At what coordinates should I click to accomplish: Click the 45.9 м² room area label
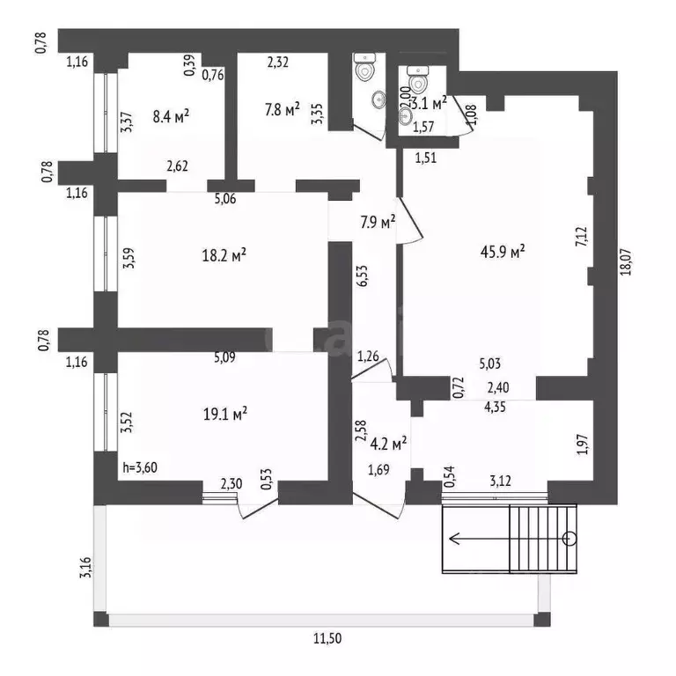[x=503, y=251]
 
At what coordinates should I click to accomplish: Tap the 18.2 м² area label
[x=224, y=255]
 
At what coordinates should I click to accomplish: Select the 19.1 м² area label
[x=225, y=414]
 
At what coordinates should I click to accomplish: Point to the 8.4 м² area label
[x=171, y=115]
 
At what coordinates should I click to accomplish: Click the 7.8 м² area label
[x=282, y=109]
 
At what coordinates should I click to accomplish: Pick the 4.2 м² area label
[x=388, y=443]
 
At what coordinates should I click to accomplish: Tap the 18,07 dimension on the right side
[x=626, y=261]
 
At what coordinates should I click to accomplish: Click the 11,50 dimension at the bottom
[x=327, y=637]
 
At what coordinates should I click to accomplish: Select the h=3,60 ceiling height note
[x=140, y=467]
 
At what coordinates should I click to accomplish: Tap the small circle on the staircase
[x=569, y=539]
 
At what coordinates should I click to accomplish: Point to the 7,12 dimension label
[x=582, y=237]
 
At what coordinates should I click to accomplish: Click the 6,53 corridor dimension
[x=363, y=276]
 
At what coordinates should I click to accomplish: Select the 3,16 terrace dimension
[x=85, y=568]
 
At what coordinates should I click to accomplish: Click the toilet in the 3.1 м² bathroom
[x=418, y=79]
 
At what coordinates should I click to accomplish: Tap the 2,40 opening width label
[x=498, y=387]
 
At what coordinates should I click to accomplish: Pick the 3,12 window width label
[x=500, y=481]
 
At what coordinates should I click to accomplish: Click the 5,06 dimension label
[x=225, y=199]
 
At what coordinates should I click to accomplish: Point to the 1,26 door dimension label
[x=368, y=356]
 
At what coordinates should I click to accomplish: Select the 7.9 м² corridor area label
[x=378, y=223]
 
